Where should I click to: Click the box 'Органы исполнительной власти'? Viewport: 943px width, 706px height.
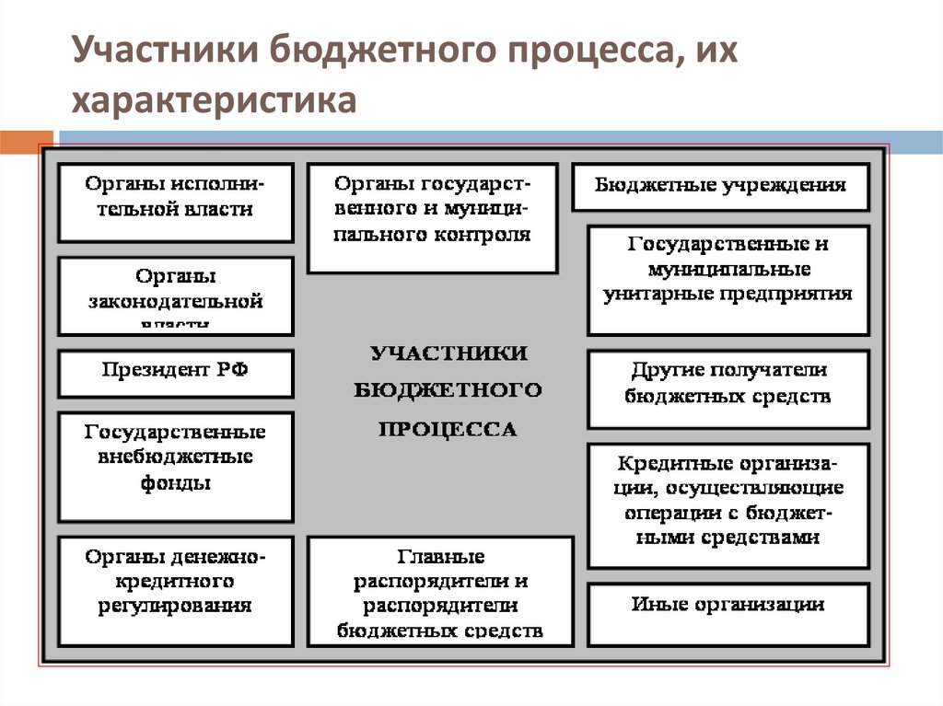click(176, 203)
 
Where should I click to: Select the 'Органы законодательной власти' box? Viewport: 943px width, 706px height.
click(176, 295)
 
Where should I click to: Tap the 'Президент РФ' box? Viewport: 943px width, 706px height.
click(176, 373)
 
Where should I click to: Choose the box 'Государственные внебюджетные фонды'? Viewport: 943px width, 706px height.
click(176, 467)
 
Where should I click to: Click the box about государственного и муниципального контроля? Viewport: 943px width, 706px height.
click(432, 218)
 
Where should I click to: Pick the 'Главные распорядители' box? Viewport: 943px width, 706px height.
click(440, 592)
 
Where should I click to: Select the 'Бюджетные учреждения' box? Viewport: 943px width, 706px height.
click(720, 187)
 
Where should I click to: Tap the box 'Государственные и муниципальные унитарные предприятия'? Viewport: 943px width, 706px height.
click(728, 281)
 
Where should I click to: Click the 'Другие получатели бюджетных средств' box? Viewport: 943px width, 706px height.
click(728, 389)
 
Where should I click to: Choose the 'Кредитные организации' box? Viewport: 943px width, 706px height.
click(728, 505)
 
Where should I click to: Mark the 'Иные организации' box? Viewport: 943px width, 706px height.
click(728, 614)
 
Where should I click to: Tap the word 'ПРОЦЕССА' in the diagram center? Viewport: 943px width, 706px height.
click(448, 429)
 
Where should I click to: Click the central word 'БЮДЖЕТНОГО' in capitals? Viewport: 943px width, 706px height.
click(448, 390)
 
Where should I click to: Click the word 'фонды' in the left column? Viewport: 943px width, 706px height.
click(175, 483)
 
